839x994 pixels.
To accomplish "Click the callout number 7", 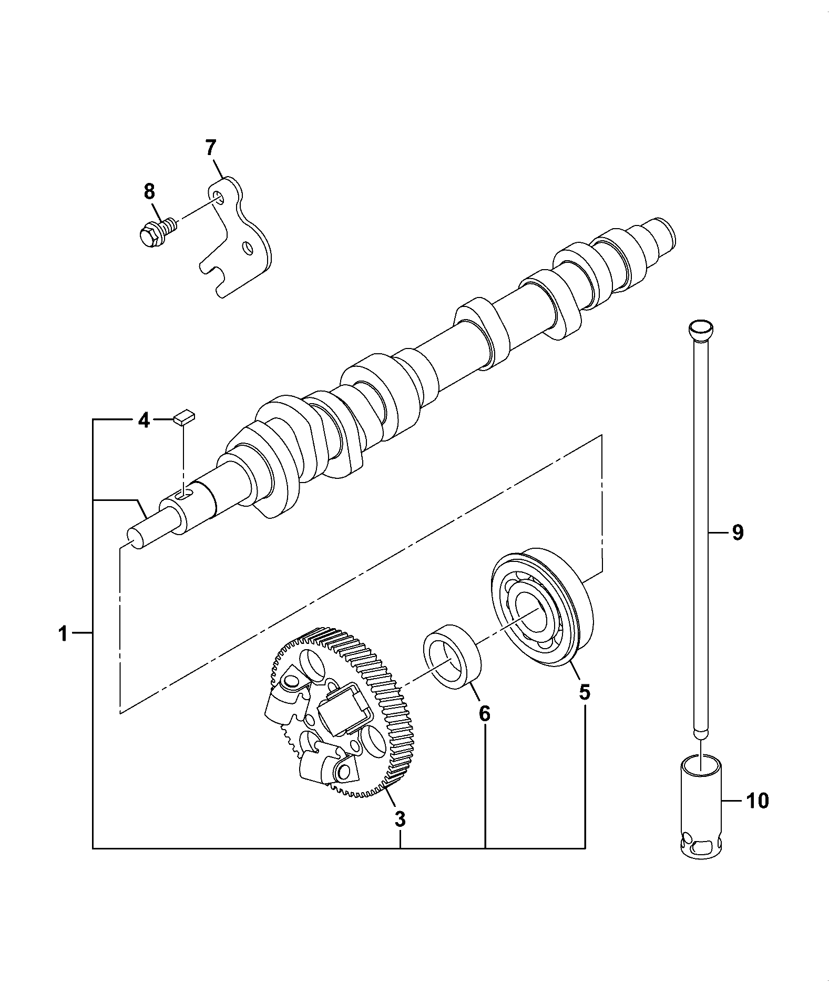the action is [210, 148].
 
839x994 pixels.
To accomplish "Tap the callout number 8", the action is [150, 191].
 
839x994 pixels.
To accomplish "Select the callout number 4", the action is [143, 421].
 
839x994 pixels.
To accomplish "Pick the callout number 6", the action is [484, 714].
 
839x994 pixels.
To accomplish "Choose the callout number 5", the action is [584, 692].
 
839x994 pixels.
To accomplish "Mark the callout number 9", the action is [738, 533].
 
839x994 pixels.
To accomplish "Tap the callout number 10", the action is [757, 815].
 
